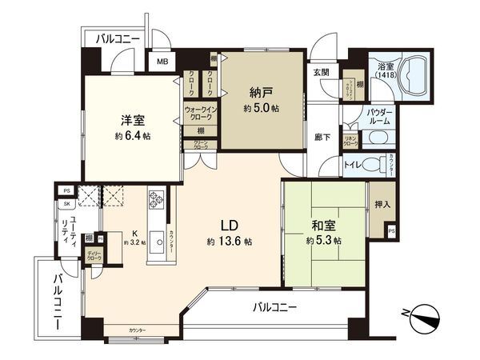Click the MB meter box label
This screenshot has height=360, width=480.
tap(162, 62)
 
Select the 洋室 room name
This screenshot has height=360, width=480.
tap(132, 120)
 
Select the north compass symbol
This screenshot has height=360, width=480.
tap(424, 314)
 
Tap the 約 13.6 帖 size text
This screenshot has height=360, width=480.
tap(230, 241)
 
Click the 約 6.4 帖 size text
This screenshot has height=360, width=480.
tap(132, 136)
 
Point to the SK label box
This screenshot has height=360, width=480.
tap(67, 204)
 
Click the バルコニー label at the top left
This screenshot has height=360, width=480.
tap(117, 38)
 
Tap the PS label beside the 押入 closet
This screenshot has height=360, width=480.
tap(390, 230)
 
